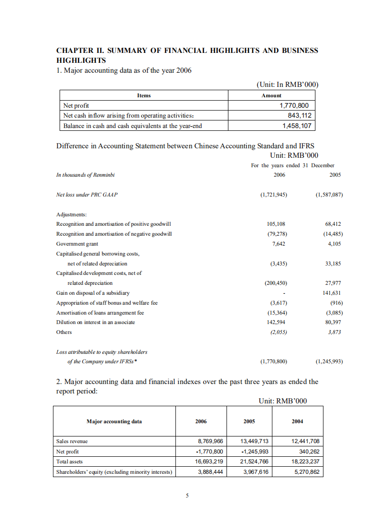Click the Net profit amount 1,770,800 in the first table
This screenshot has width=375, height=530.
[x=295, y=106]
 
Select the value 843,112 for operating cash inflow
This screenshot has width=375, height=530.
[x=299, y=116]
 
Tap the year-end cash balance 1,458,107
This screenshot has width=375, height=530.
[x=297, y=126]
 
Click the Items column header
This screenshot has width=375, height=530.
[x=144, y=95]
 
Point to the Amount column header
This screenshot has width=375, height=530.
[x=271, y=95]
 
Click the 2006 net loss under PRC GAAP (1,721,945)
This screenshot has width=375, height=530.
[x=274, y=195]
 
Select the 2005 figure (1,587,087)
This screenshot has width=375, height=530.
[x=329, y=195]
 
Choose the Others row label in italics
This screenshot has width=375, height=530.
[x=64, y=332]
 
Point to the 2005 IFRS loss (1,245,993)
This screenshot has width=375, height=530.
[x=329, y=362]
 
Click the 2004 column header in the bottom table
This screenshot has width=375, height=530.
[x=297, y=421]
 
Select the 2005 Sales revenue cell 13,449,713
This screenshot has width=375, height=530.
[x=254, y=441]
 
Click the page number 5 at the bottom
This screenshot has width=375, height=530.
[x=187, y=496]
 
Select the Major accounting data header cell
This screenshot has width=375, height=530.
[x=114, y=421]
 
